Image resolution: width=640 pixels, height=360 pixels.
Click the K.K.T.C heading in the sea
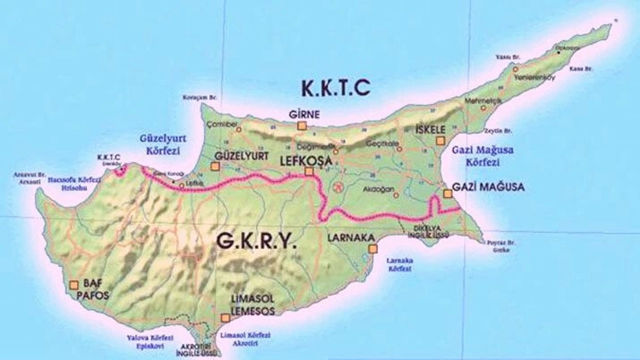(335, 87)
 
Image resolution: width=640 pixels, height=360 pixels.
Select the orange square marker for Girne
(302, 126)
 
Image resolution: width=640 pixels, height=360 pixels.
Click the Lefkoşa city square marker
(309, 171)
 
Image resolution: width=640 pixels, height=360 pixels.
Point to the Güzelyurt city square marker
(215, 167)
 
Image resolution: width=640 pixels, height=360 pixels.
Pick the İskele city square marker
(440, 141)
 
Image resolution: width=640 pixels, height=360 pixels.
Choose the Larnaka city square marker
(372, 249)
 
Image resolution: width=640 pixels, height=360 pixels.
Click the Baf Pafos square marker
(74, 285)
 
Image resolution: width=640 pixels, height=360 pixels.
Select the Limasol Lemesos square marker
(225, 317)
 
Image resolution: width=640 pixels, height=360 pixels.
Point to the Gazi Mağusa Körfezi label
(482, 156)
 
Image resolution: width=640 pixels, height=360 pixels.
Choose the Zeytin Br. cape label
(498, 131)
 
